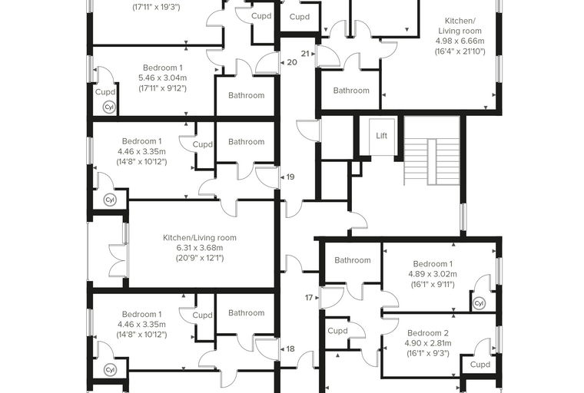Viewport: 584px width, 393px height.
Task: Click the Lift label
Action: point(381,136)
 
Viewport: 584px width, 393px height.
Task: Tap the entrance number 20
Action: point(292,62)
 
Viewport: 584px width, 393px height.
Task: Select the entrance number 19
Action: point(290,177)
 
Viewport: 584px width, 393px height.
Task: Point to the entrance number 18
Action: point(290,349)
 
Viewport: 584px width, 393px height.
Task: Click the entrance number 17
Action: point(309,298)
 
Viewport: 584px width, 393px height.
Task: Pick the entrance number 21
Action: point(305,54)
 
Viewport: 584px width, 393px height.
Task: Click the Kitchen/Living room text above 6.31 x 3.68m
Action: point(200,238)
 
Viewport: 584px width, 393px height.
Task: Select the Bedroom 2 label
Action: point(428,333)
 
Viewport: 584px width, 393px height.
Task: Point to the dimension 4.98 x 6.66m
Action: point(460,41)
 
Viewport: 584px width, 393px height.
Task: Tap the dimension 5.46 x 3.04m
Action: point(163,78)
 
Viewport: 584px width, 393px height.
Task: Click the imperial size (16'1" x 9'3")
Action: point(428,353)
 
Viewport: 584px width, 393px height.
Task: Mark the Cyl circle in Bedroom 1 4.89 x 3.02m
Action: point(479,304)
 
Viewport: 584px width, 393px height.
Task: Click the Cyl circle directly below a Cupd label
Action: point(109,107)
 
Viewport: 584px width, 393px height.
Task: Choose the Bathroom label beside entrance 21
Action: point(351,91)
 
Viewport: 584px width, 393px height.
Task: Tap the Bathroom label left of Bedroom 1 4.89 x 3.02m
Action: point(353,260)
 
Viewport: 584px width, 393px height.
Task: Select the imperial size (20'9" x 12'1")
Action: point(200,258)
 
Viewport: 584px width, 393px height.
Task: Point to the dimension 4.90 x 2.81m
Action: point(428,343)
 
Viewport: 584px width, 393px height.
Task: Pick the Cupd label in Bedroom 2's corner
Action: point(479,365)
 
